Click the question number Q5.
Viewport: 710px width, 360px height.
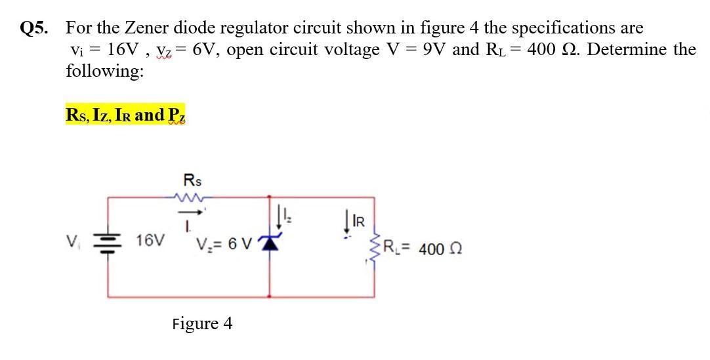(35, 28)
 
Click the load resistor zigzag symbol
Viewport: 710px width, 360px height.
(375, 247)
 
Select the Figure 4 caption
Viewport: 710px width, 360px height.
(202, 324)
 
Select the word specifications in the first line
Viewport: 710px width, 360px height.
(564, 28)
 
